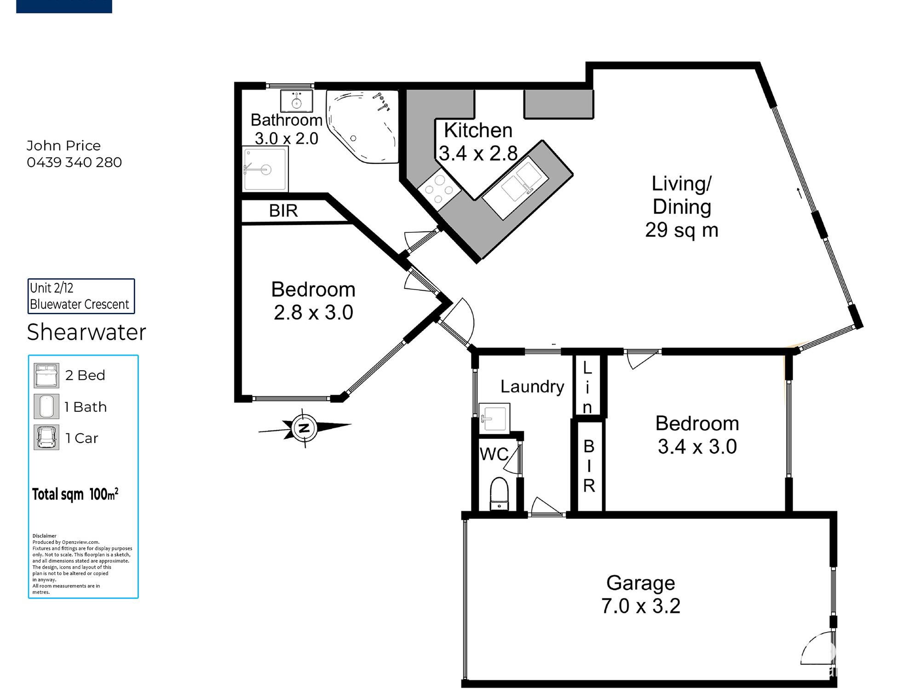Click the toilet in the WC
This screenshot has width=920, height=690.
point(499,494)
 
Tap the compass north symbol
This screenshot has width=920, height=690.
point(305,428)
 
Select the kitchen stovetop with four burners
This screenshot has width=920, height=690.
point(439,189)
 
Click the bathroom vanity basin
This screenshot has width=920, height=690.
point(297,101)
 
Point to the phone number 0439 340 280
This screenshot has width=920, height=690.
point(74,162)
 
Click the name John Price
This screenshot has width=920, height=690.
point(63,146)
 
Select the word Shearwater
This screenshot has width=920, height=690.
point(86,332)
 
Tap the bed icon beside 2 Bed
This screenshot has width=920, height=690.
point(46,375)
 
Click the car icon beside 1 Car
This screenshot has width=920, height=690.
point(46,437)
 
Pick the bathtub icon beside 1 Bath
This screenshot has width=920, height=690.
point(46,407)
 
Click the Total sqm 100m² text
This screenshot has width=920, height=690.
point(75,494)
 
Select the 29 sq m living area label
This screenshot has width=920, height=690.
point(682,230)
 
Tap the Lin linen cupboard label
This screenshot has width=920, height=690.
point(587,387)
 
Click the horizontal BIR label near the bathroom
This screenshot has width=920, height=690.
point(283,211)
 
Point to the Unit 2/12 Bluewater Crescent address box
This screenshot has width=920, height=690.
point(81,296)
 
